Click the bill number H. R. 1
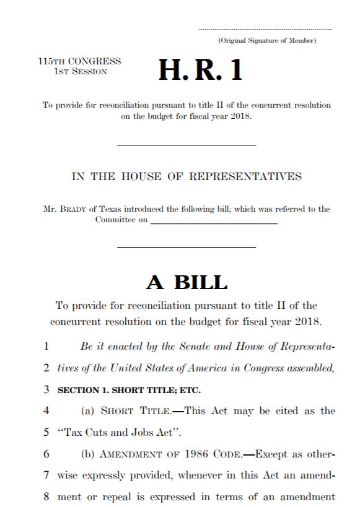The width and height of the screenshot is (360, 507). click(200, 70)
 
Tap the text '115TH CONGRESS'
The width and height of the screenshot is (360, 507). click(79, 61)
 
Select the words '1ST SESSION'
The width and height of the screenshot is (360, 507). click(80, 71)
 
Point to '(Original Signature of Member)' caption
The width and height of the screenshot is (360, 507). click(267, 41)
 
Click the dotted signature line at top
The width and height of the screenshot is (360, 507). click(265, 29)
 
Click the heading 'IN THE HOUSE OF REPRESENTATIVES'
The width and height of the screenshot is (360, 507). click(187, 176)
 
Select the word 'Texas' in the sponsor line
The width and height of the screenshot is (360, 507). click(116, 209)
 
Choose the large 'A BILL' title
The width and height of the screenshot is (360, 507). click(187, 282)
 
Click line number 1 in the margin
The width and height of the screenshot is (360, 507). click(46, 347)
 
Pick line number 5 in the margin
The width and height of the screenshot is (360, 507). click(46, 432)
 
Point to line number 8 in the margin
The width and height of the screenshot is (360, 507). click(46, 496)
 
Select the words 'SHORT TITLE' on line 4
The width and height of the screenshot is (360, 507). click(130, 411)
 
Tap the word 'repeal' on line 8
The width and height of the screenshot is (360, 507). click(110, 496)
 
